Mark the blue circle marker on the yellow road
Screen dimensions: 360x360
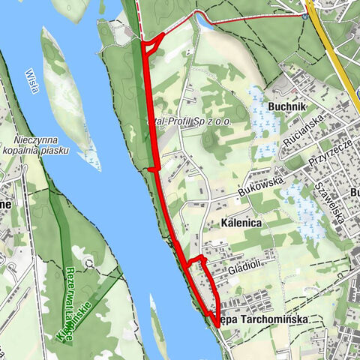click(306, 14)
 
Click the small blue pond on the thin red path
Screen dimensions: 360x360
click(203, 22)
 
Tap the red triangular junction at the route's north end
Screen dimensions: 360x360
click(151, 45)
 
